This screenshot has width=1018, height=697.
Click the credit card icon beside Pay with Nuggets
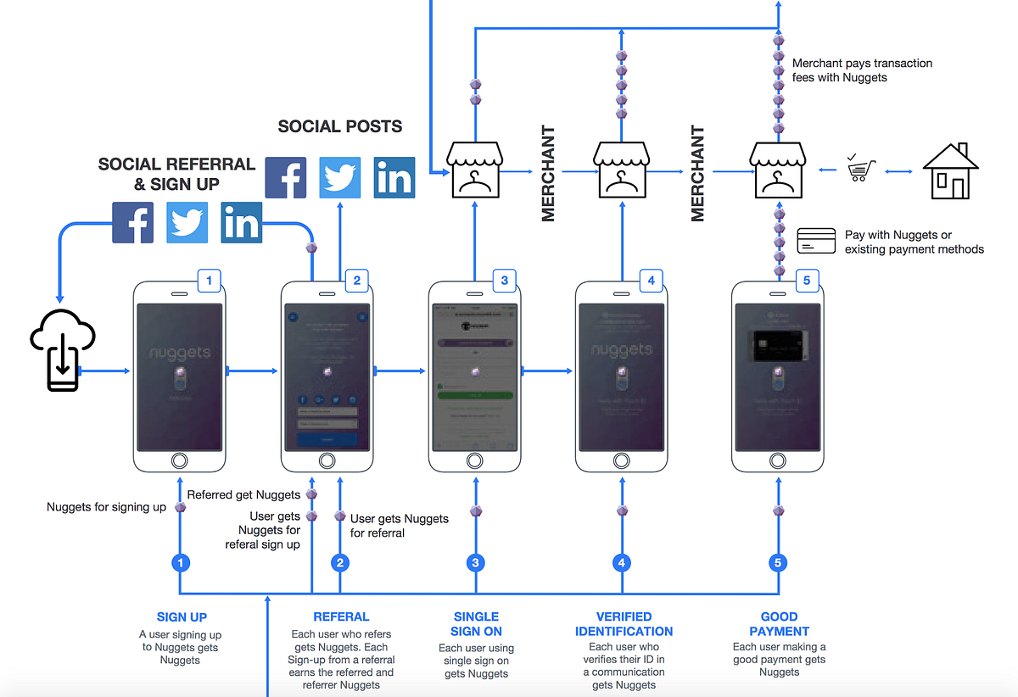[x=816, y=242]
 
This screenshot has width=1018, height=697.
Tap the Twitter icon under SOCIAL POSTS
[x=340, y=177]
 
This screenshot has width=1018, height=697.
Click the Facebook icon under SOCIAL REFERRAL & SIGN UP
[x=133, y=223]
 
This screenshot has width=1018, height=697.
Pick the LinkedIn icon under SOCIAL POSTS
[x=394, y=177]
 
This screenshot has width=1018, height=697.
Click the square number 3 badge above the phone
[x=504, y=281]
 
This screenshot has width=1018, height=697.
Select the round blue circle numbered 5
[x=778, y=562]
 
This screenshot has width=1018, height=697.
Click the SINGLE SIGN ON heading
[x=476, y=624]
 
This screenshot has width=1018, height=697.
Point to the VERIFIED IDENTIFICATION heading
[x=624, y=624]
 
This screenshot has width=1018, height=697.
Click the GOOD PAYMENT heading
[x=779, y=624]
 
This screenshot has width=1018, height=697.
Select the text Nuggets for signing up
[x=106, y=507]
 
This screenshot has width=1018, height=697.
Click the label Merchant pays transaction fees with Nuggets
[x=861, y=70]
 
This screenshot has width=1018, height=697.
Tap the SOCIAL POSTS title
[x=340, y=127]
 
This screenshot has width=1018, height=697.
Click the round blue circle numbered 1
[x=180, y=562]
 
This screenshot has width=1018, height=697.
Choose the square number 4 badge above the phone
[x=651, y=281]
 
